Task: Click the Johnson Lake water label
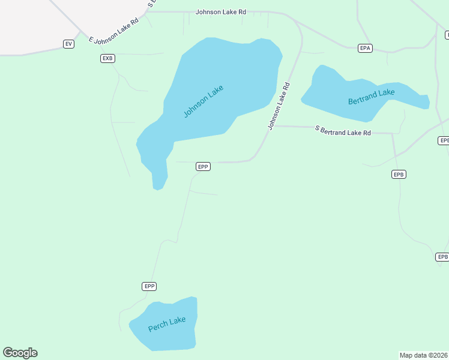[x=203, y=101]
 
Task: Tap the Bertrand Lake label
[x=372, y=97]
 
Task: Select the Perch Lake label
[x=167, y=324]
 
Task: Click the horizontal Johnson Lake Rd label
[x=221, y=11]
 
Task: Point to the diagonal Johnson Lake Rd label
[x=279, y=106]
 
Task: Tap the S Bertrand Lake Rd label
[x=343, y=131]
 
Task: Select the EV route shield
[x=68, y=44]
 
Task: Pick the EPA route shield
[x=365, y=47]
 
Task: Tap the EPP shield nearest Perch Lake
[x=149, y=286]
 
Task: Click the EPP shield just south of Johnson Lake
[x=203, y=166]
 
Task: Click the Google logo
[x=20, y=353]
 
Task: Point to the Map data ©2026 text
[x=424, y=355]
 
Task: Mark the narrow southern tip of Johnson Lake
[x=158, y=183]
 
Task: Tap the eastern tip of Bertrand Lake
[x=426, y=101]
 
